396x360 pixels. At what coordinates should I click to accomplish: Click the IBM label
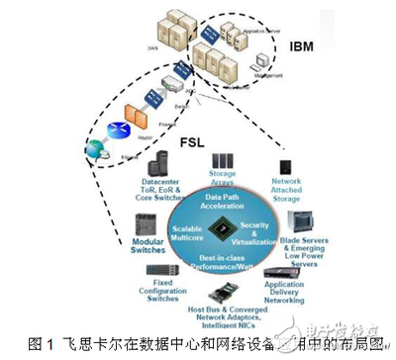301,45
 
